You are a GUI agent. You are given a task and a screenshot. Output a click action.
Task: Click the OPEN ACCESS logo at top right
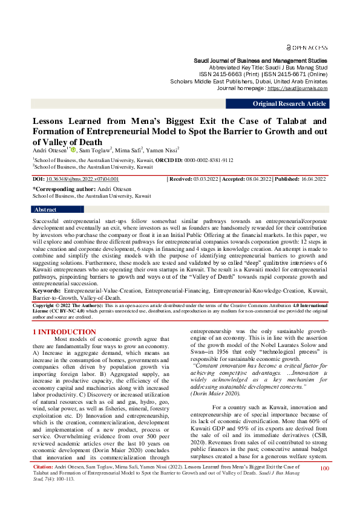307,47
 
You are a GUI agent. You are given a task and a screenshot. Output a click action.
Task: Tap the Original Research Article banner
290,103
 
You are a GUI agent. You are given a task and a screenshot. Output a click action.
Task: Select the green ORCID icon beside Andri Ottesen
73,149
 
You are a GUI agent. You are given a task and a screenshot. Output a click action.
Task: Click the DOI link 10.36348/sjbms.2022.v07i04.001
82,180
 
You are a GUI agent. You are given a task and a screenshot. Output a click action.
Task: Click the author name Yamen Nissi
162,149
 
